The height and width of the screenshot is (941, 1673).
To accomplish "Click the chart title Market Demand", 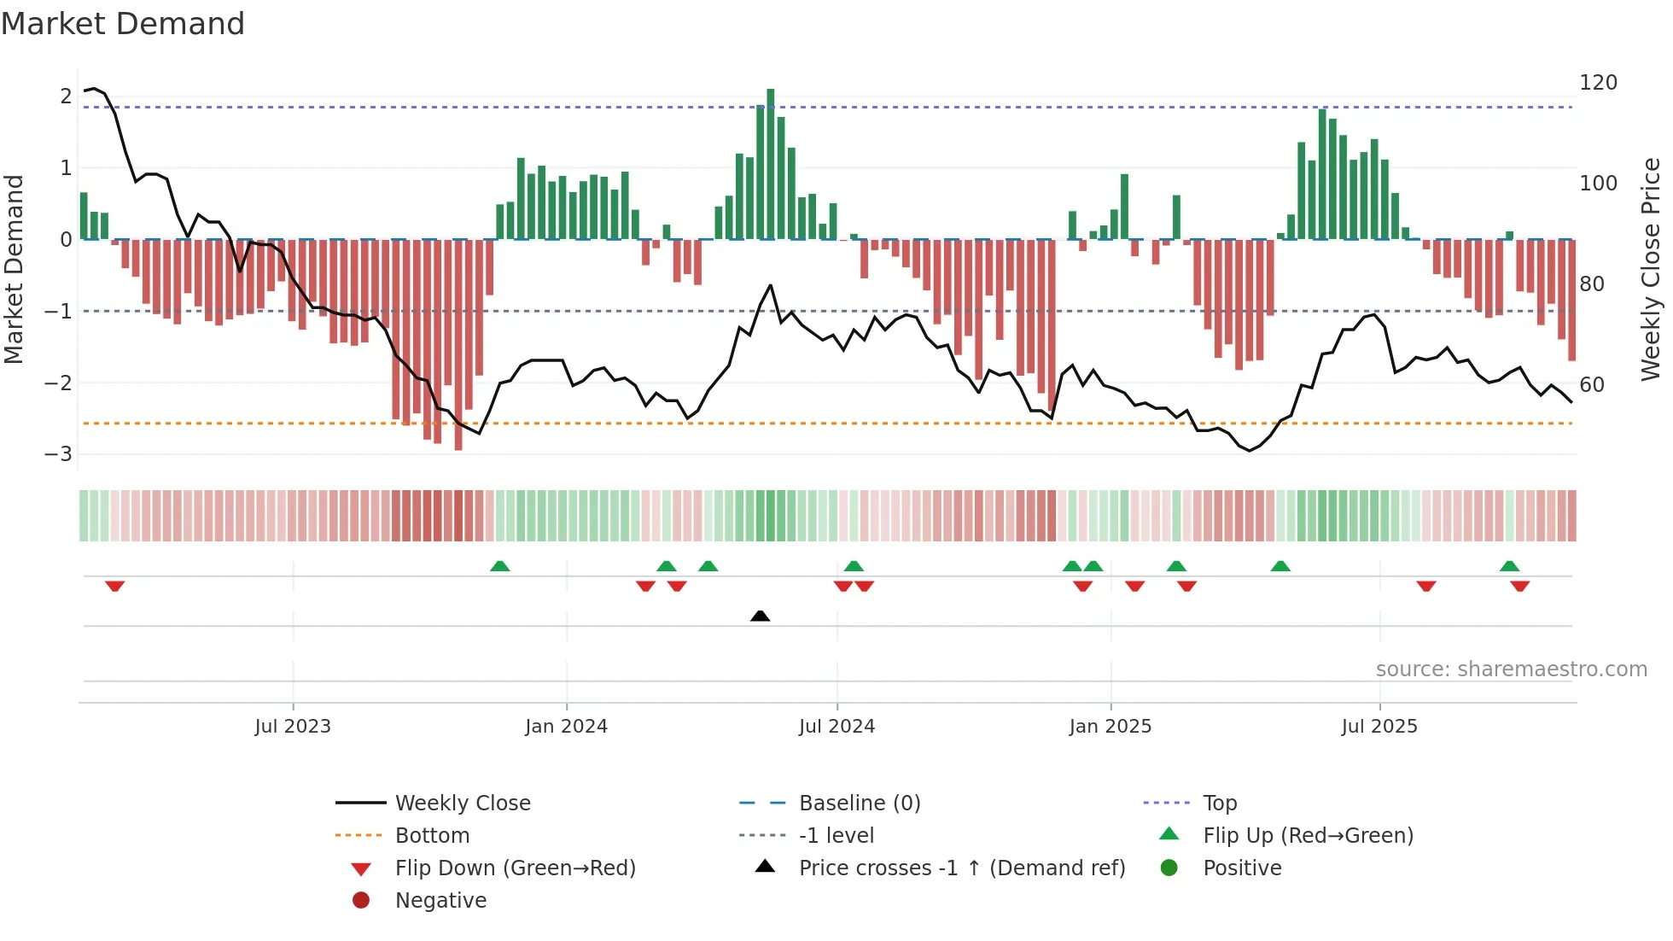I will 123,24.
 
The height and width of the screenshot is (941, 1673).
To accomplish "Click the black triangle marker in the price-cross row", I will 760,616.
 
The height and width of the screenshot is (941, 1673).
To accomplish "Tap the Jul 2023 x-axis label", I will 292,727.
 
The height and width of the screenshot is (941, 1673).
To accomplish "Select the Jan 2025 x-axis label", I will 1110,727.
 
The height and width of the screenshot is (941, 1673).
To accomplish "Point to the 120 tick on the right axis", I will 1598,83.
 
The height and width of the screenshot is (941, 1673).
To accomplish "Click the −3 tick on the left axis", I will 58,454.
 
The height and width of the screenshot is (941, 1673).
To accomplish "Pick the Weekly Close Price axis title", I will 1651,269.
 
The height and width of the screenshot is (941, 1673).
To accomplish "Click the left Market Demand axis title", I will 15,269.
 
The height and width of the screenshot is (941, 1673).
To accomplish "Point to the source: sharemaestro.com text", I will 1511,669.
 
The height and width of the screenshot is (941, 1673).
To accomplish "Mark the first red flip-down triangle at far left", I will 115,586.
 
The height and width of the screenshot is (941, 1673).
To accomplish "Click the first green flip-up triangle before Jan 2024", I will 500,566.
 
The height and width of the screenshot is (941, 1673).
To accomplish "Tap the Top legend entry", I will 1219,804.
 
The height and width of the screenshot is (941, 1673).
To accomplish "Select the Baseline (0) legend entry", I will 859,804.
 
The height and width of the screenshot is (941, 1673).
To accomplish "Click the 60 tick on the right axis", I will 1591,385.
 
